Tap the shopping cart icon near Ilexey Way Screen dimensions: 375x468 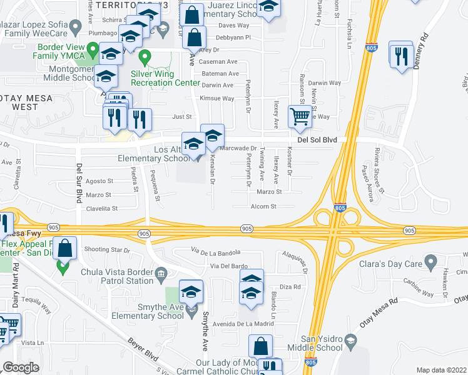[300, 117]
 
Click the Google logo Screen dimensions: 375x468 [21, 367]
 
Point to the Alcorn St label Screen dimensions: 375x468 [264, 206]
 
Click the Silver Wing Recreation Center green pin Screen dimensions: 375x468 [145, 59]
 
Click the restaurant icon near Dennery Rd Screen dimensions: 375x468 [400, 56]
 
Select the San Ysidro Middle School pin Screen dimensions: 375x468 [350, 341]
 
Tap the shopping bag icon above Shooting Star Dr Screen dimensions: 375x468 [65, 249]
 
